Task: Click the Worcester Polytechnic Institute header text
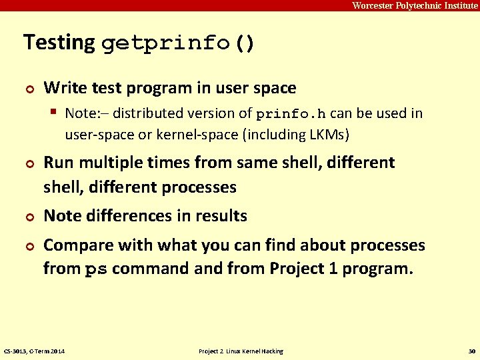pos(415,5)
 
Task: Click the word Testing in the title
pos(59,43)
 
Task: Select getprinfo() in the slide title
pos(178,44)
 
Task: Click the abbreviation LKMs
pos(325,135)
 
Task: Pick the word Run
pos(57,163)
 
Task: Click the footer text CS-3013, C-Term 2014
pos(39,351)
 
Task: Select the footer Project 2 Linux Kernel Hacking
pos(241,351)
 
